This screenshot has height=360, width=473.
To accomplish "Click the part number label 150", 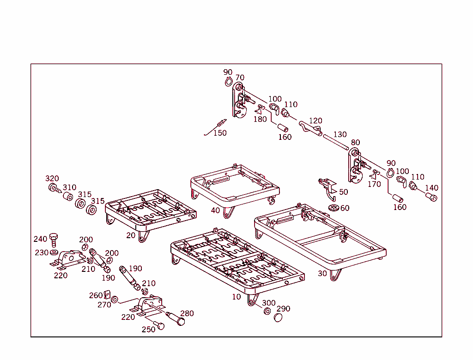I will tap(220, 133).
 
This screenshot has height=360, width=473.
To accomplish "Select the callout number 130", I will tap(340, 134).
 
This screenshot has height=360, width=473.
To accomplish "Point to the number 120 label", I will tap(315, 121).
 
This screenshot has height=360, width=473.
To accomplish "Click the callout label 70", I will tap(240, 78).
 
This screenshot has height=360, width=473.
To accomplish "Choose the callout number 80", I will tap(355, 142).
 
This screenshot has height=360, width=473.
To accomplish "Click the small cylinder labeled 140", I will tap(431, 198).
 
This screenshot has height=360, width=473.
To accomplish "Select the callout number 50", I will tap(344, 192).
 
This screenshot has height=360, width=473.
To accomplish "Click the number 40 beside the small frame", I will tap(215, 210).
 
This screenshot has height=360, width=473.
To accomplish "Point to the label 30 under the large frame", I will tap(322, 273).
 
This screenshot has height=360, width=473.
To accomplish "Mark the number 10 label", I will tap(236, 297).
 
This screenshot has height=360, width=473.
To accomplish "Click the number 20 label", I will tap(131, 235).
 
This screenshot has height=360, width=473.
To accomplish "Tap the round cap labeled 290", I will tap(278, 318).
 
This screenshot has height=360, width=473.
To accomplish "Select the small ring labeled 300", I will tap(267, 311).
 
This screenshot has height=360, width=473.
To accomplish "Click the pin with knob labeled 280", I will tap(176, 319).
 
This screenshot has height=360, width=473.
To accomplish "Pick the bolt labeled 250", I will tap(160, 326).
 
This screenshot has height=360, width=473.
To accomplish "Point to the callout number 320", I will tap(52, 179).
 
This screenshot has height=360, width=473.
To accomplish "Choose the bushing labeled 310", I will tap(67, 198).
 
